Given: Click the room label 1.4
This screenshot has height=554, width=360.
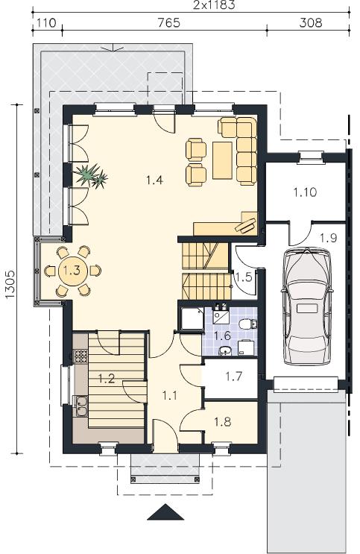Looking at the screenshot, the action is pos(155,180).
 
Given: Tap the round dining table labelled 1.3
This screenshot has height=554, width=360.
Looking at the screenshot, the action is pos(73,271).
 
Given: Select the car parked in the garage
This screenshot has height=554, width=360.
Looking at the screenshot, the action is pos(307,306).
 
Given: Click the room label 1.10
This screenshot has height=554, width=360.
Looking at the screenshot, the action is pos(305,192).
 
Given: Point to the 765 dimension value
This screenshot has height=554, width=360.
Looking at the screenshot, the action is pos(168,23).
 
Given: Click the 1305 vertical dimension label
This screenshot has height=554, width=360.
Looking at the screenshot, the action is pos(10,284).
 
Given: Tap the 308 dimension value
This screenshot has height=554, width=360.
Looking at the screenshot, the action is pos(311,23).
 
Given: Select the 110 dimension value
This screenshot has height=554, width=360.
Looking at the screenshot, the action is pos(46,23).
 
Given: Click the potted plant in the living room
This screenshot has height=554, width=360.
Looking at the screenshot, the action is pos(91,175).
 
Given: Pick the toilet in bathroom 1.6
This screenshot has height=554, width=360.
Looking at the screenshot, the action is pos(248,324).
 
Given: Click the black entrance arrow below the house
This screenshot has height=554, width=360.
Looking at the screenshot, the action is pos(165,512).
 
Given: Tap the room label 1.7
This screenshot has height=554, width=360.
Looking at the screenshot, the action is pos(234,377).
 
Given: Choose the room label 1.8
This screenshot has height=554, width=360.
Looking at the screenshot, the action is pos(223,422).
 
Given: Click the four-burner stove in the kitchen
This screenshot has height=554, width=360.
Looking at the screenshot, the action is pos(80,356).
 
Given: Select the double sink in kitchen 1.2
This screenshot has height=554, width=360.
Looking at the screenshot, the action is pos(80,406).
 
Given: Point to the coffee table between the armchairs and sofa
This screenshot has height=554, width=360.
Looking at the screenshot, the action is pos(223,160).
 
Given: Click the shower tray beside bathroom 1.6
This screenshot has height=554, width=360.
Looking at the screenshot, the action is pos(192,319).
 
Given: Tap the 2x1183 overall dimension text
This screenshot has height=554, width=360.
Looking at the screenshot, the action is pos(214,5).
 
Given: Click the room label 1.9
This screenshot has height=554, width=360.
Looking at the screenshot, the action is pos(328,238).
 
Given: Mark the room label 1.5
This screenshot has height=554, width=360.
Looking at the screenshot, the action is pos(244,277).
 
